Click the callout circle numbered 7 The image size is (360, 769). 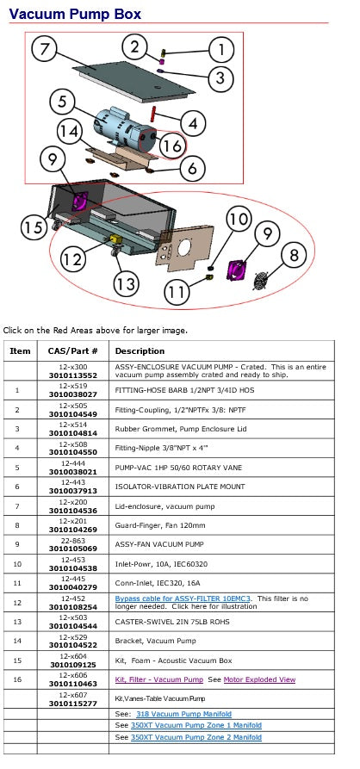45,51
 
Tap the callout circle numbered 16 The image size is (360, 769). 171,146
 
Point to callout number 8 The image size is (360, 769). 294,256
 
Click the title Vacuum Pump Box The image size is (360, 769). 75,14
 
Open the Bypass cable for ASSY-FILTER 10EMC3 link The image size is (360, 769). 183,598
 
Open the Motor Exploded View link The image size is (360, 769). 259,679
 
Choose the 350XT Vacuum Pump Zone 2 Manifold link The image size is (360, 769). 196,737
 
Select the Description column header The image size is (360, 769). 140,351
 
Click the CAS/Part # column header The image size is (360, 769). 73,351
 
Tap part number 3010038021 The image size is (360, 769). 73,471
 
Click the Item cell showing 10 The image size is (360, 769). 18,564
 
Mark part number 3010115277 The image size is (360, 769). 73,704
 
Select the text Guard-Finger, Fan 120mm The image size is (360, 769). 153,525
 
